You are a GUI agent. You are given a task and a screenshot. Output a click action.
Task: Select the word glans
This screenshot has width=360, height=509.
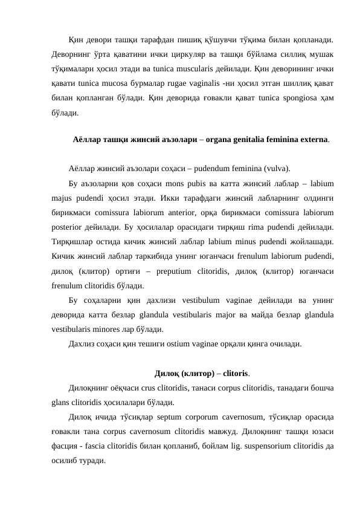62,402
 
